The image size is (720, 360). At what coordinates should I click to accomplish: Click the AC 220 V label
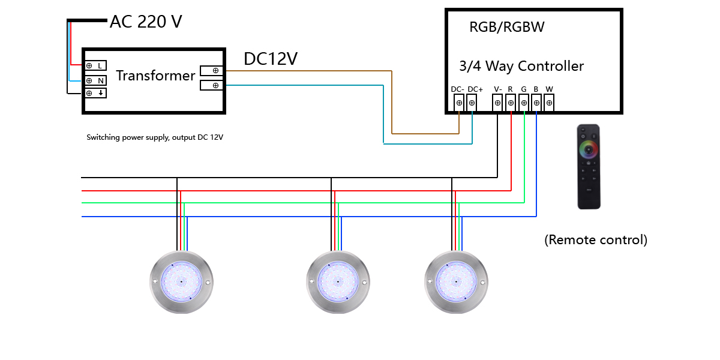(x=146, y=22)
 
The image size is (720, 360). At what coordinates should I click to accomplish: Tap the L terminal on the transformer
(x=95, y=65)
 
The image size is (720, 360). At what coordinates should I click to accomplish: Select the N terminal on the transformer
(x=95, y=80)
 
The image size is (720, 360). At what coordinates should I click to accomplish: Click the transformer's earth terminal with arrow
(x=95, y=94)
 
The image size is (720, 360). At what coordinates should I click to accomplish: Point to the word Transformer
(x=155, y=76)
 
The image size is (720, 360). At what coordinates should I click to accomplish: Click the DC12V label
(x=271, y=59)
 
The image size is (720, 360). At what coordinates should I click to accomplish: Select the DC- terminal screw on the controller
(x=459, y=103)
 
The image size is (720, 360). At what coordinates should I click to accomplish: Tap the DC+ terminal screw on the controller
(x=472, y=103)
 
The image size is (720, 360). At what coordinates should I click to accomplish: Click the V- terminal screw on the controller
(x=497, y=103)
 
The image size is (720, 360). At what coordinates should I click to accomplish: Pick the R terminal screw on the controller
(x=511, y=103)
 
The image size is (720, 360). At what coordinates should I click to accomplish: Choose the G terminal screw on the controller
(x=524, y=103)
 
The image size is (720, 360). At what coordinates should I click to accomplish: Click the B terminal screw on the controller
(x=536, y=103)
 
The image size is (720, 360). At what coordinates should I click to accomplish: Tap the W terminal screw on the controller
(x=548, y=103)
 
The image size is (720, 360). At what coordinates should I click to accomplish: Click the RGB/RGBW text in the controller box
(x=507, y=28)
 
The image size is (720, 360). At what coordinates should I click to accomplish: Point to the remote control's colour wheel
(x=589, y=149)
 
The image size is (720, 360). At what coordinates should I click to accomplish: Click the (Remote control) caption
(x=596, y=240)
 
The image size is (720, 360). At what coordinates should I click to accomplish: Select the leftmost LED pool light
(x=181, y=281)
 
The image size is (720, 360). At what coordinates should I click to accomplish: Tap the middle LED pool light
(x=338, y=281)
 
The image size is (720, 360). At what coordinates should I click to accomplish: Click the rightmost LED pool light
(x=455, y=281)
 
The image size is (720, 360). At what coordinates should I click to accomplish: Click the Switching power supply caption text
(x=155, y=137)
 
